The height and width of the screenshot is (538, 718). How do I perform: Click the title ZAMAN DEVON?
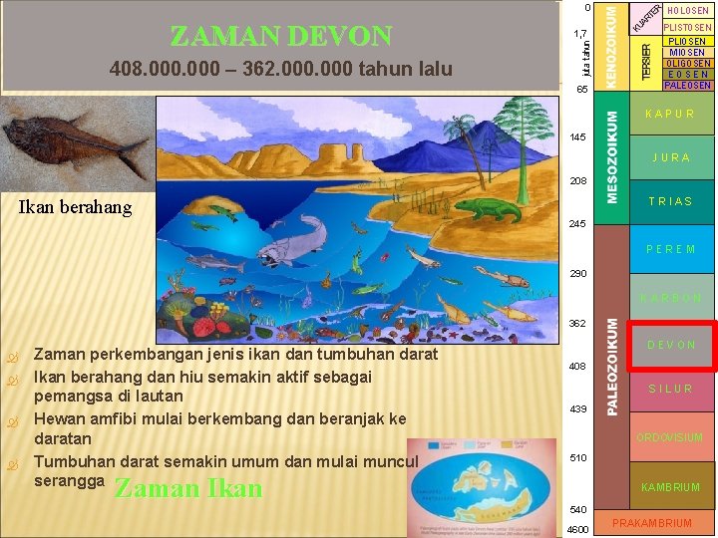click(281, 37)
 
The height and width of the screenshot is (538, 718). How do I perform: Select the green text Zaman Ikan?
click(188, 488)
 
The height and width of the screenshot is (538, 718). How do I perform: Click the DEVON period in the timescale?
click(672, 346)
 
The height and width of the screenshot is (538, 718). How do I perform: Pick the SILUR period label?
click(671, 389)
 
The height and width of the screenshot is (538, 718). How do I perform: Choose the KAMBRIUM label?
click(671, 487)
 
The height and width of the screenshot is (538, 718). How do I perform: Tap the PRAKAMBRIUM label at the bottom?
click(652, 523)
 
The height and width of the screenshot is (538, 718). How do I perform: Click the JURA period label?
click(671, 157)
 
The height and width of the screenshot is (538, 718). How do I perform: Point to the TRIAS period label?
click(671, 201)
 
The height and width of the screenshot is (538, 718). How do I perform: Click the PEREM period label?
click(671, 249)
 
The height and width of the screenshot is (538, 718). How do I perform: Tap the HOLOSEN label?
click(688, 10)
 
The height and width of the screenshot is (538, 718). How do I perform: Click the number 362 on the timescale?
click(577, 323)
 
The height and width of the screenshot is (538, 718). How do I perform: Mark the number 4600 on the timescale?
click(577, 530)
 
